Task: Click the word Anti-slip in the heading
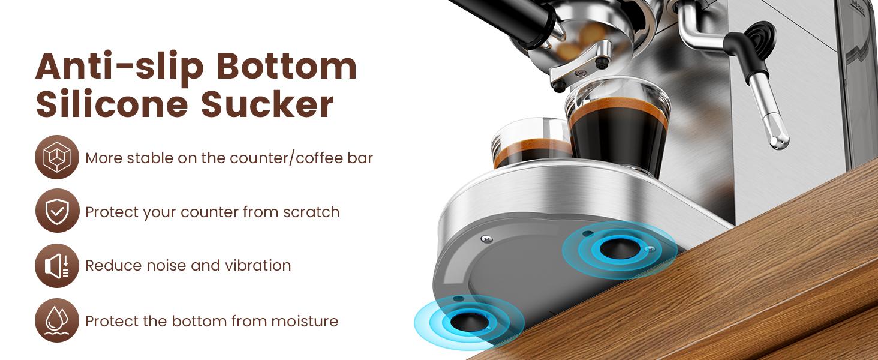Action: (120, 67)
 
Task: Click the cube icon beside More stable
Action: (57, 158)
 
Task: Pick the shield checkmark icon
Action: (57, 211)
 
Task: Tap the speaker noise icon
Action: (57, 265)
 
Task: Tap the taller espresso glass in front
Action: (617, 129)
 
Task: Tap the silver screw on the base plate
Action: (486, 240)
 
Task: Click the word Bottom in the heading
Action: (287, 67)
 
